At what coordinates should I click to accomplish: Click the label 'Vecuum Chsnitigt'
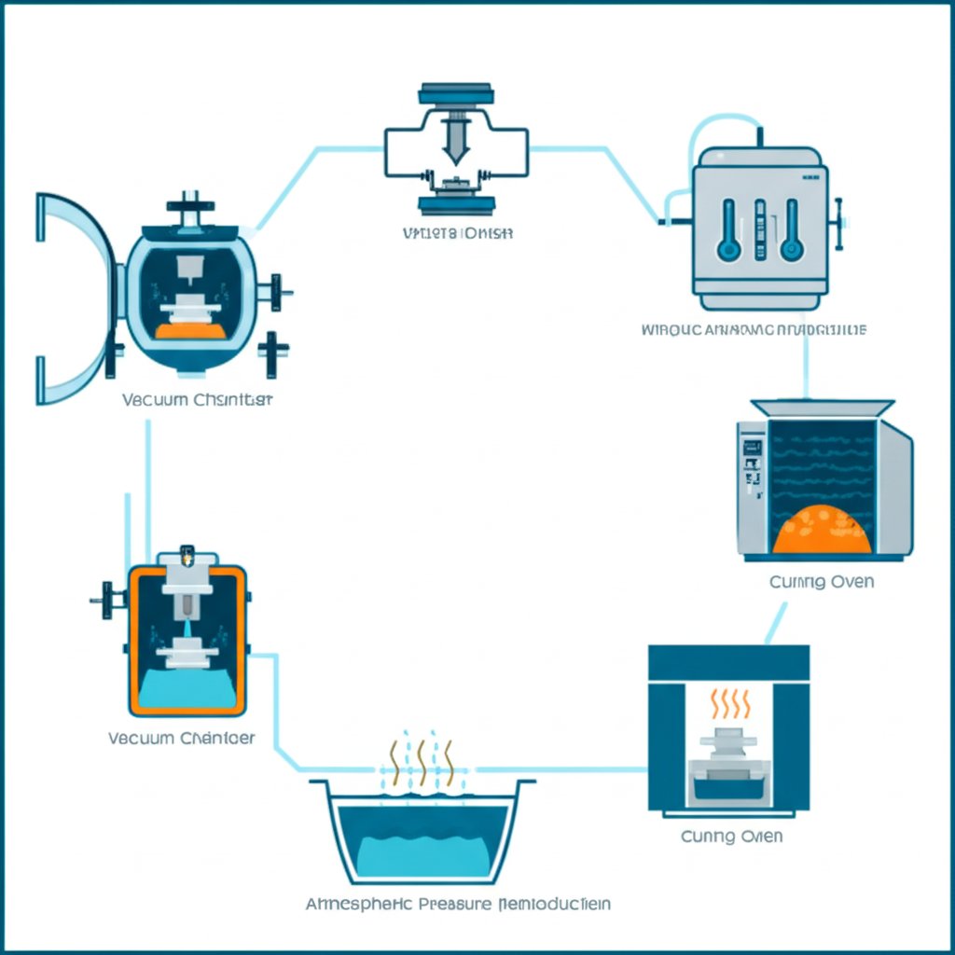click(197, 400)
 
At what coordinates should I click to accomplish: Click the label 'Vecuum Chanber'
click(181, 738)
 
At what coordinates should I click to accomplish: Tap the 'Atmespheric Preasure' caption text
click(459, 904)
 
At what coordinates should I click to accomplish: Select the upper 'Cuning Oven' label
click(821, 582)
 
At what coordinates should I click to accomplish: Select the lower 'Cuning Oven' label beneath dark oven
click(730, 836)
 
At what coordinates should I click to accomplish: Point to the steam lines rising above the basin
click(421, 763)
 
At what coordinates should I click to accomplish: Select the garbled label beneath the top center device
click(457, 233)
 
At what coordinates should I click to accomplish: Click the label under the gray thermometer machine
click(754, 329)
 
